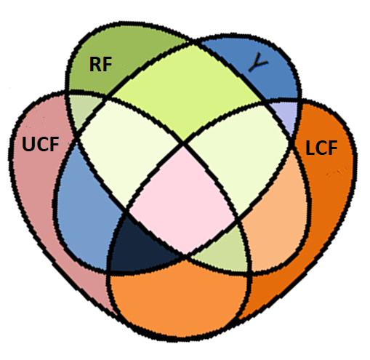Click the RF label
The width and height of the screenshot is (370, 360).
coord(100,64)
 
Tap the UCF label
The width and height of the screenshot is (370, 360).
coord(41,144)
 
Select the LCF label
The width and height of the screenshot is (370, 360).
coord(321,148)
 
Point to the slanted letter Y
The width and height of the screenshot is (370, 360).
coord(258,63)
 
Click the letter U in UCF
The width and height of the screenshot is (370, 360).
coord(28,144)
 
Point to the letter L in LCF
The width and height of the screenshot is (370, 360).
coord(310,148)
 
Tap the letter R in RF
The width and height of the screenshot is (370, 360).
coord(95,64)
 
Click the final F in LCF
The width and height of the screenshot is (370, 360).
coord(332,148)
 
